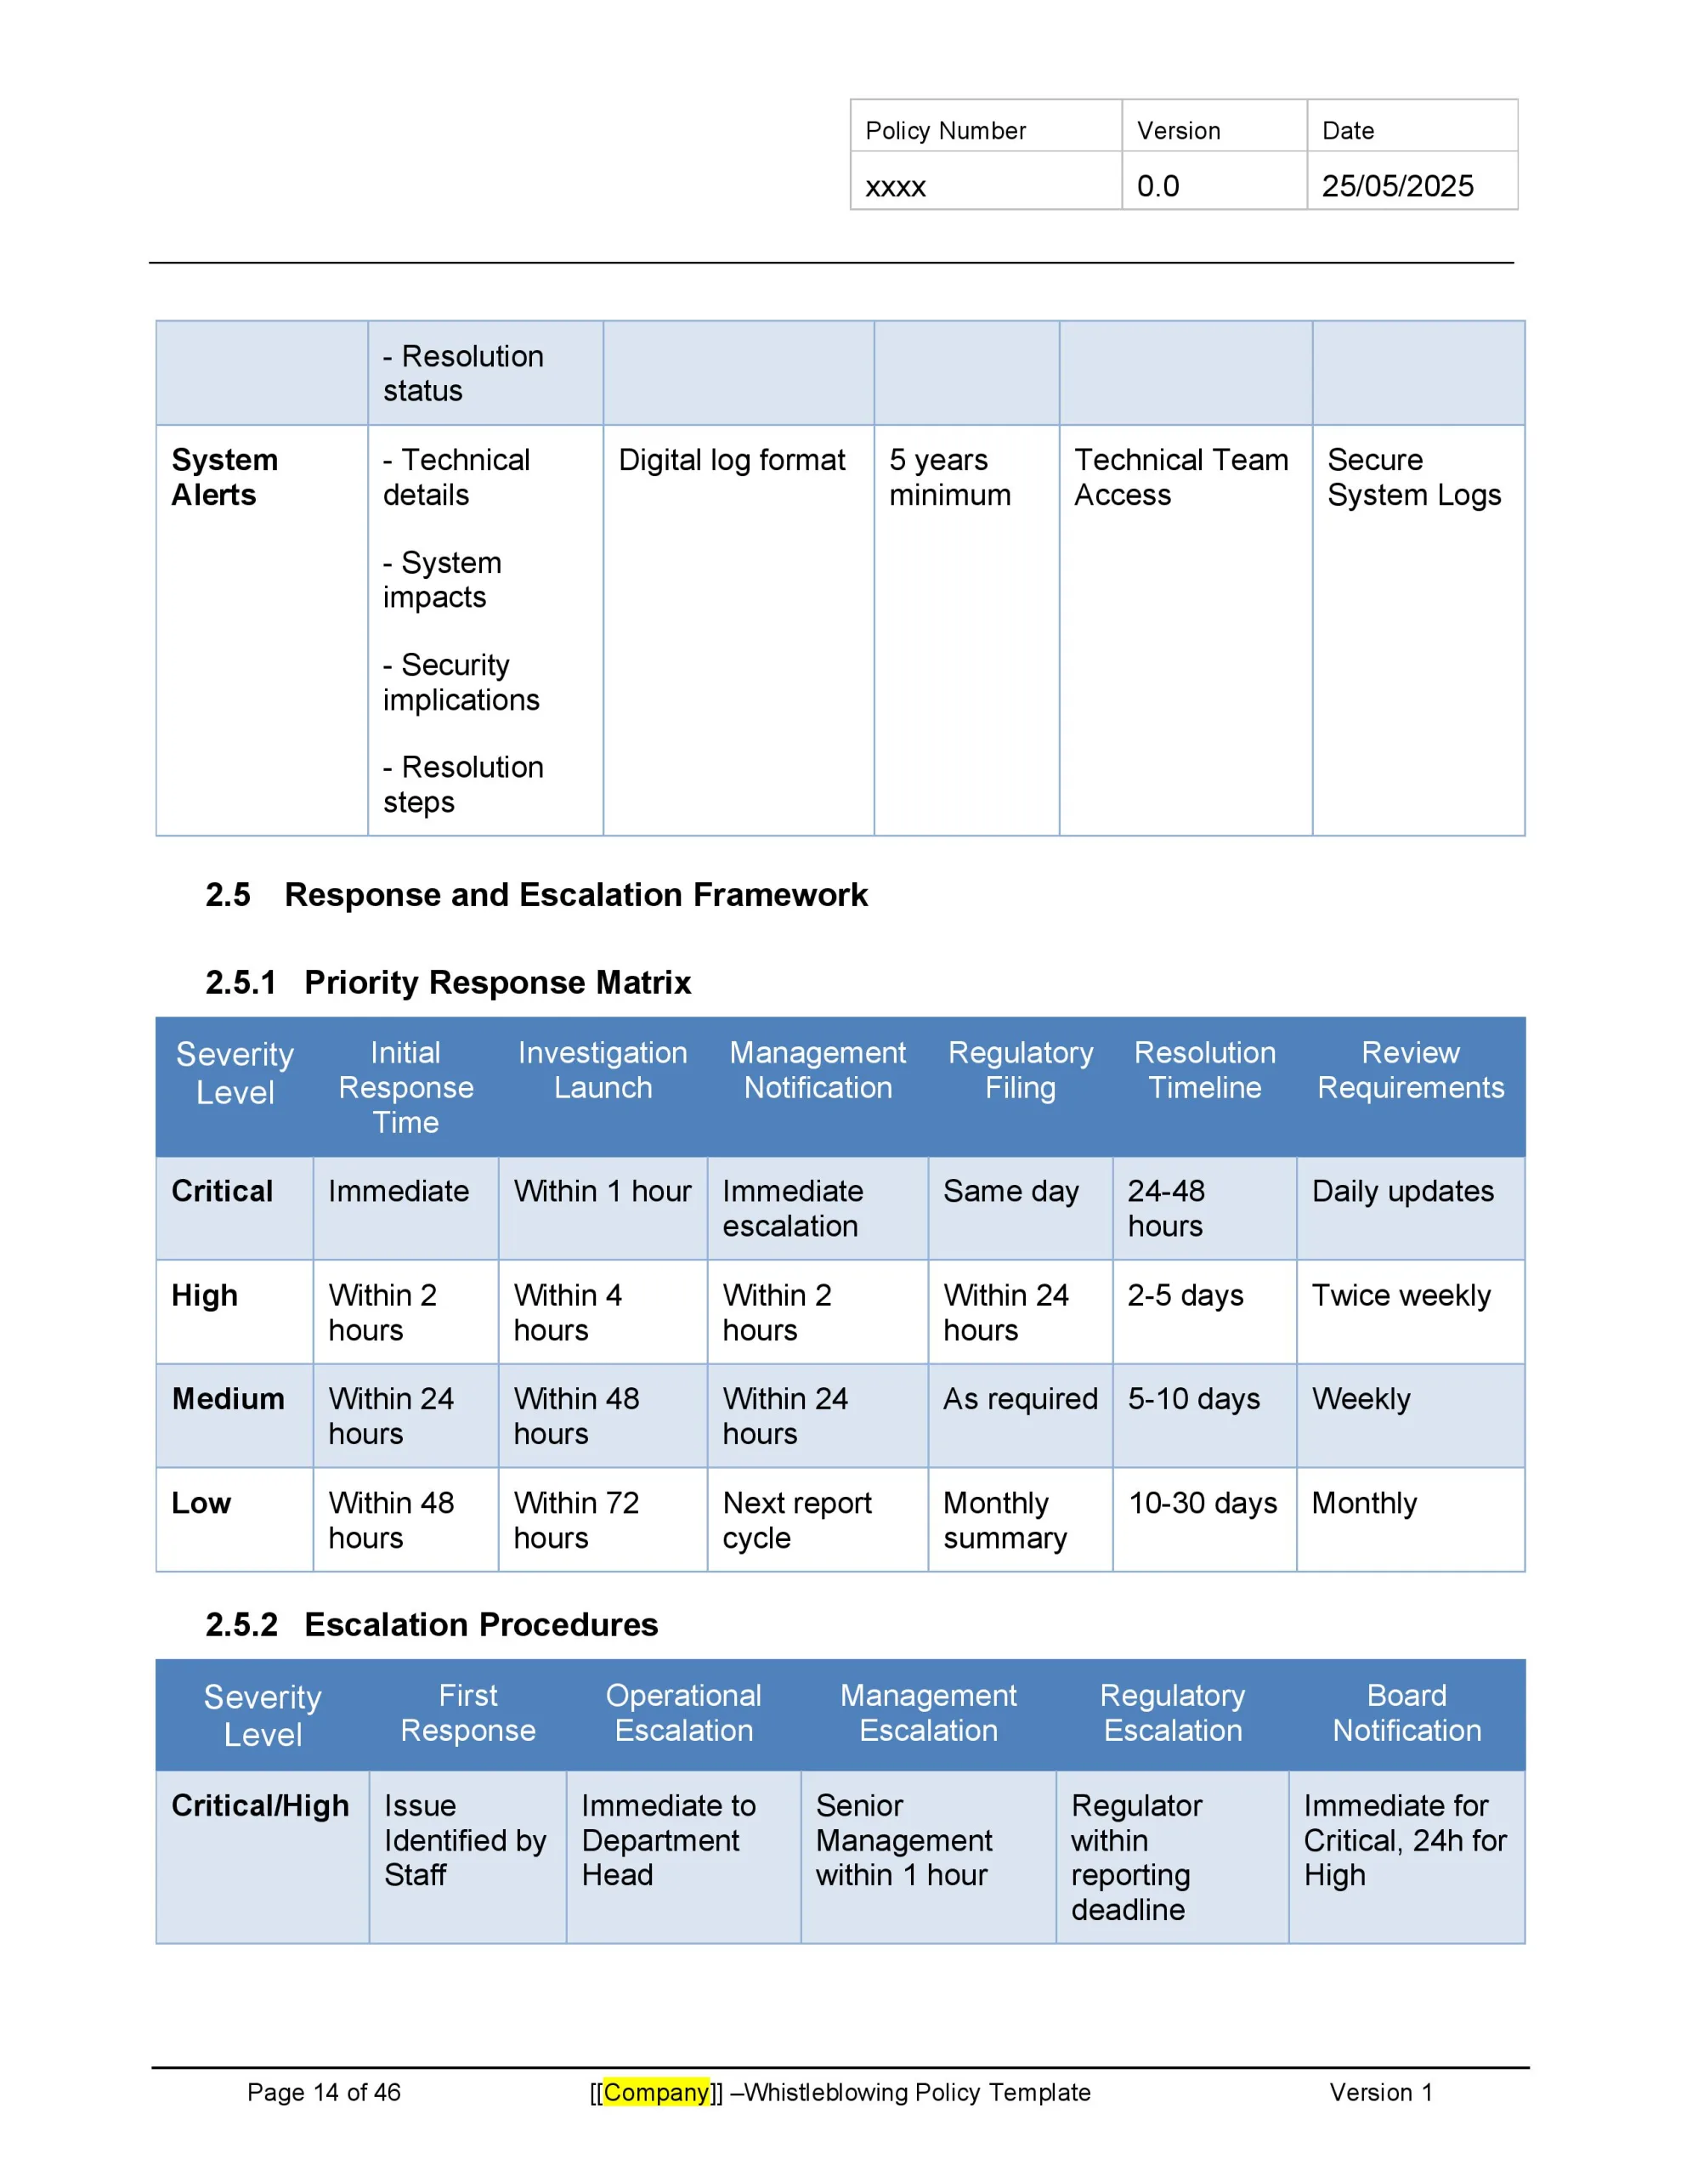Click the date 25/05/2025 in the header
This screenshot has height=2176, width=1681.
click(x=1396, y=186)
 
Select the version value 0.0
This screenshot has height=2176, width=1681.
click(x=1157, y=186)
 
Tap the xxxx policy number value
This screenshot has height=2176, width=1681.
click(x=895, y=186)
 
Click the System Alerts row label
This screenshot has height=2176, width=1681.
click(x=224, y=477)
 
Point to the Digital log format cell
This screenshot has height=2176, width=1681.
click(x=732, y=461)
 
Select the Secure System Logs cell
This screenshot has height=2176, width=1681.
click(x=1413, y=477)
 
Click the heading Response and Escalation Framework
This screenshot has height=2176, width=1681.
click(x=575, y=895)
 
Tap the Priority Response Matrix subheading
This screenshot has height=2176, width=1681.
click(x=497, y=983)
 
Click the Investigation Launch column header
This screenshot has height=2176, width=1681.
click(x=602, y=1070)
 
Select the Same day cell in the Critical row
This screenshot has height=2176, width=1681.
click(x=1010, y=1192)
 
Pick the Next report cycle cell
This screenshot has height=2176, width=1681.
click(x=796, y=1520)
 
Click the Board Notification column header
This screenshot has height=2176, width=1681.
click(x=1406, y=1713)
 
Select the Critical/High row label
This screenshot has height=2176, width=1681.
click(x=260, y=1805)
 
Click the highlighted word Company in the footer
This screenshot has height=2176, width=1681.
click(x=656, y=2093)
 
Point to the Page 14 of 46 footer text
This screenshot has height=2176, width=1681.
click(x=324, y=2093)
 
